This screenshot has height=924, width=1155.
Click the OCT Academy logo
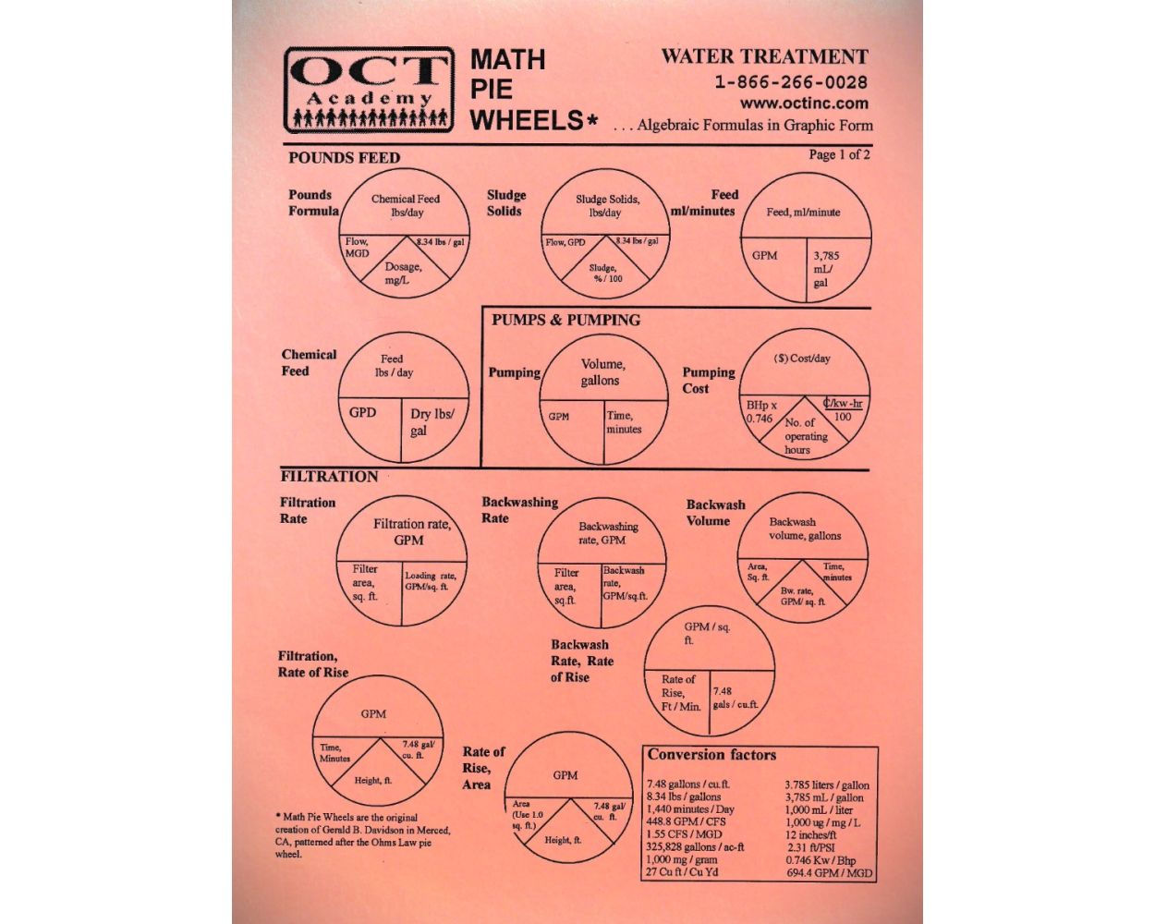369,90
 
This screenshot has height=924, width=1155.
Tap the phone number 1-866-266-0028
791,82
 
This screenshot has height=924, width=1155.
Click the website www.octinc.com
804,103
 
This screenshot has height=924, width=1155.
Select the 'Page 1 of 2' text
839,154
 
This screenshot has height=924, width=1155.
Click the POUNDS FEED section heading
345,158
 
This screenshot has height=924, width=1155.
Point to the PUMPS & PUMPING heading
566,320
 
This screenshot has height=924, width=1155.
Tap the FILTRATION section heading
330,476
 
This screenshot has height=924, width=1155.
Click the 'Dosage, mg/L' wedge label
403,273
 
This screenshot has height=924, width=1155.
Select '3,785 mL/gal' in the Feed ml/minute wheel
825,269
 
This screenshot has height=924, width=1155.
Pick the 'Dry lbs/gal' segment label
432,422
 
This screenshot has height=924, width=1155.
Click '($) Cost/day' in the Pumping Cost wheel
802,359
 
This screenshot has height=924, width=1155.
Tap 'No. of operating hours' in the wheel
806,436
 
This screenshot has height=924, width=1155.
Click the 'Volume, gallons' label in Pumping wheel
602,372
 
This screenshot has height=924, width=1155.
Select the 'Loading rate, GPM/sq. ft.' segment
431,581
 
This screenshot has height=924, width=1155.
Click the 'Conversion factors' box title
711,754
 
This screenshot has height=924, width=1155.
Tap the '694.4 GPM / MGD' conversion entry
829,873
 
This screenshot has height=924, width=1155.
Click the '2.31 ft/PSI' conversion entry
811,847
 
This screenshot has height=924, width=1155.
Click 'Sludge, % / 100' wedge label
605,274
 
